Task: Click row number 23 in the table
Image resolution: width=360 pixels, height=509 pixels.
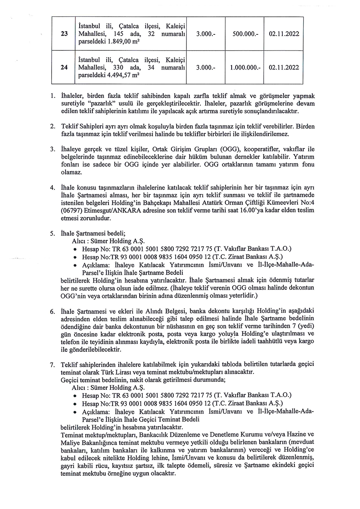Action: pos(64,34)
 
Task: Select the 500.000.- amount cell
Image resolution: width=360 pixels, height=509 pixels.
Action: pos(245,34)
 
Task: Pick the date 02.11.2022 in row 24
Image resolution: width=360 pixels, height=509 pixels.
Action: pos(284,68)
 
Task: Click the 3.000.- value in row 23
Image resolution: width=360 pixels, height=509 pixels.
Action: pos(206,34)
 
